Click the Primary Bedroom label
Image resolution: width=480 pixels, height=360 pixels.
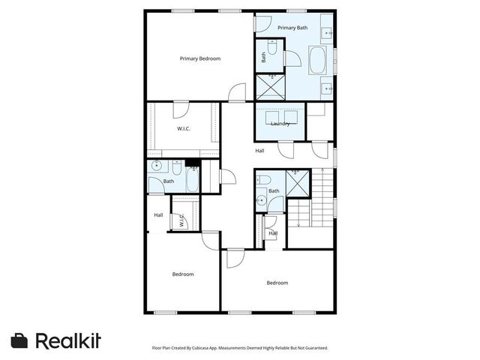(x=199, y=58)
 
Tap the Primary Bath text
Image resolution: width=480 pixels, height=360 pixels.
(x=292, y=28)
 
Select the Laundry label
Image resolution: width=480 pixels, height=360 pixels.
(x=280, y=124)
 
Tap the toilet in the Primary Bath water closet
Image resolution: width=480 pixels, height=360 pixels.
(x=273, y=49)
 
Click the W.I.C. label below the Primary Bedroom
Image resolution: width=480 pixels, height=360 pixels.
(x=183, y=129)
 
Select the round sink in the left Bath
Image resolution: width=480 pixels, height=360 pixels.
(x=157, y=166)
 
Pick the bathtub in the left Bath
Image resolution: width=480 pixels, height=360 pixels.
(x=191, y=181)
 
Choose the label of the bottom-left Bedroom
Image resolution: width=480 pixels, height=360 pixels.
(x=183, y=274)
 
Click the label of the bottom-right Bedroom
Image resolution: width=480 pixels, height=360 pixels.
(x=277, y=283)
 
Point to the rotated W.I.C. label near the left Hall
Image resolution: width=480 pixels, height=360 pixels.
(x=181, y=221)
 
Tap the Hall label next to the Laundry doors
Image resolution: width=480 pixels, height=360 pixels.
(x=259, y=151)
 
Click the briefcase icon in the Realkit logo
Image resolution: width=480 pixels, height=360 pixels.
(x=19, y=340)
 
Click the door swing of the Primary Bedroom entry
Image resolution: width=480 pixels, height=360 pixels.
(x=237, y=93)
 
